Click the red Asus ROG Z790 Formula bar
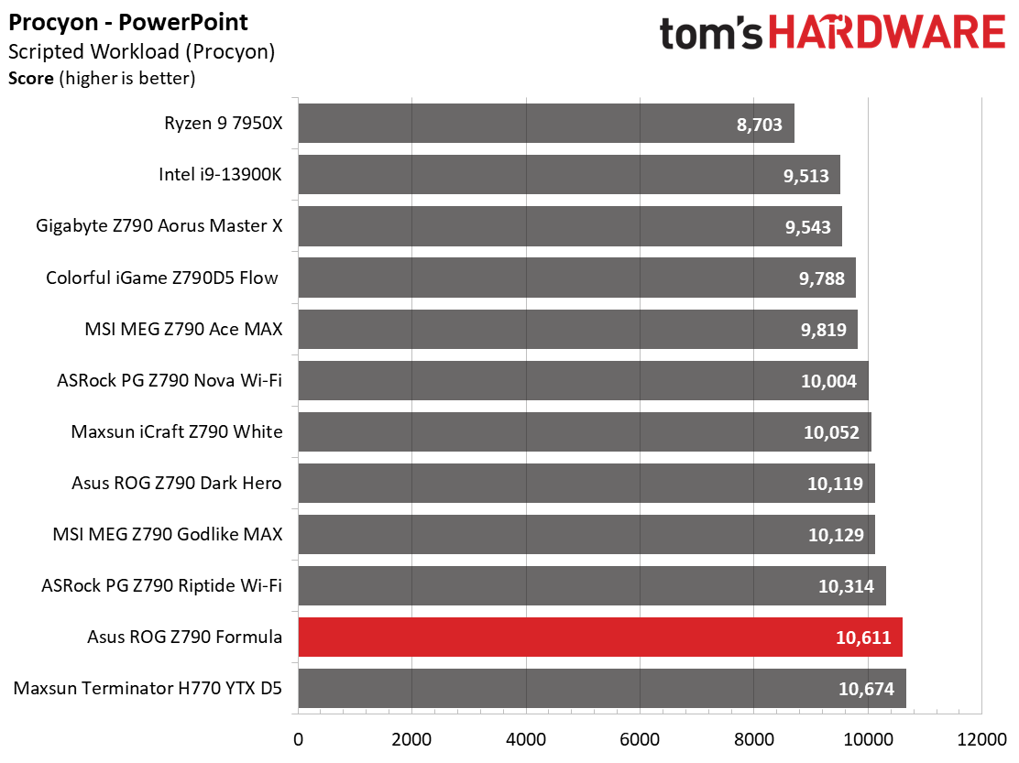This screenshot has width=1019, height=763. (x=600, y=637)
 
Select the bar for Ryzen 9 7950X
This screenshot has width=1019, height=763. (x=546, y=124)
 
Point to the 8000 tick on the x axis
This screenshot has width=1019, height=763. (x=753, y=737)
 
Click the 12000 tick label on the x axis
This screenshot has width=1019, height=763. (x=981, y=737)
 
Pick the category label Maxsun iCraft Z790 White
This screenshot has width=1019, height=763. (x=177, y=431)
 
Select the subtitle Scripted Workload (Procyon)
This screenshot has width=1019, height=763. (x=141, y=52)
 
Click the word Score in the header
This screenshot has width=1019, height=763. (x=31, y=79)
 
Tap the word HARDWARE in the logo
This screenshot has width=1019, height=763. (x=886, y=34)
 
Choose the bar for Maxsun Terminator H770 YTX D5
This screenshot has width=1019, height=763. (x=602, y=688)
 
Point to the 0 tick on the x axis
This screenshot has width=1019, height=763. (x=298, y=737)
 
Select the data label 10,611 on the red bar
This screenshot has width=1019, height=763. (x=863, y=638)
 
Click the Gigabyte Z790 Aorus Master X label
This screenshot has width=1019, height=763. (x=159, y=226)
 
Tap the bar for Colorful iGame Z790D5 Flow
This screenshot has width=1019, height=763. (x=576, y=278)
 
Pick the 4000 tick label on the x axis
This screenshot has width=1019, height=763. (x=525, y=737)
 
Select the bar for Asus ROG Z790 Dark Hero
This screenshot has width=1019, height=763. (x=586, y=483)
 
